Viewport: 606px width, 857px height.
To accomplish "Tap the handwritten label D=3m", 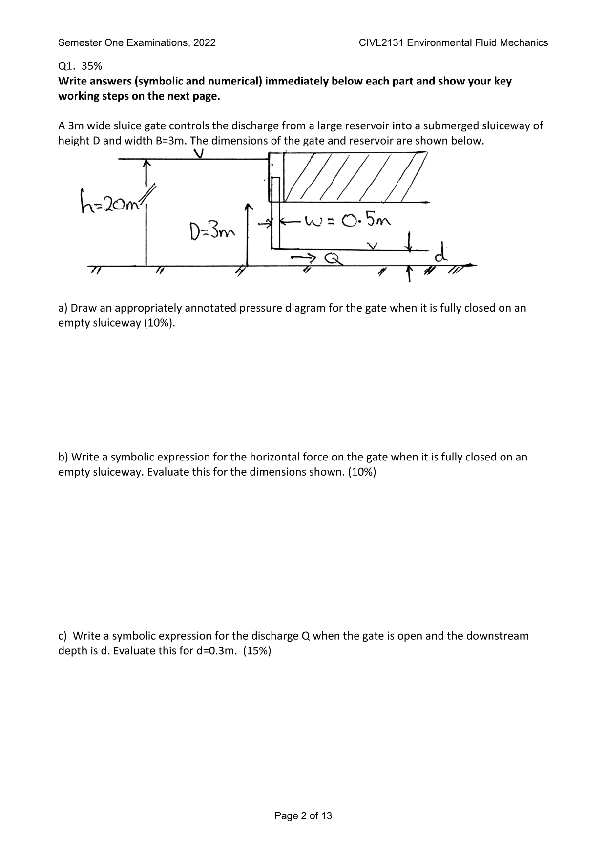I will click(x=211, y=230).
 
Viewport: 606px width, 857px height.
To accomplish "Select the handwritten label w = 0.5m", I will click(x=347, y=222).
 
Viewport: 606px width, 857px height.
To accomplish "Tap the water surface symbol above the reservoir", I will click(x=198, y=153).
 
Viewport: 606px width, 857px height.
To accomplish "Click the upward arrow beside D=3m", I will click(x=249, y=234).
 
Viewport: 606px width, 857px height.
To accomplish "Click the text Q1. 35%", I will click(x=80, y=66).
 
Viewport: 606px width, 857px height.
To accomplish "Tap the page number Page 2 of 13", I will click(x=303, y=815).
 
